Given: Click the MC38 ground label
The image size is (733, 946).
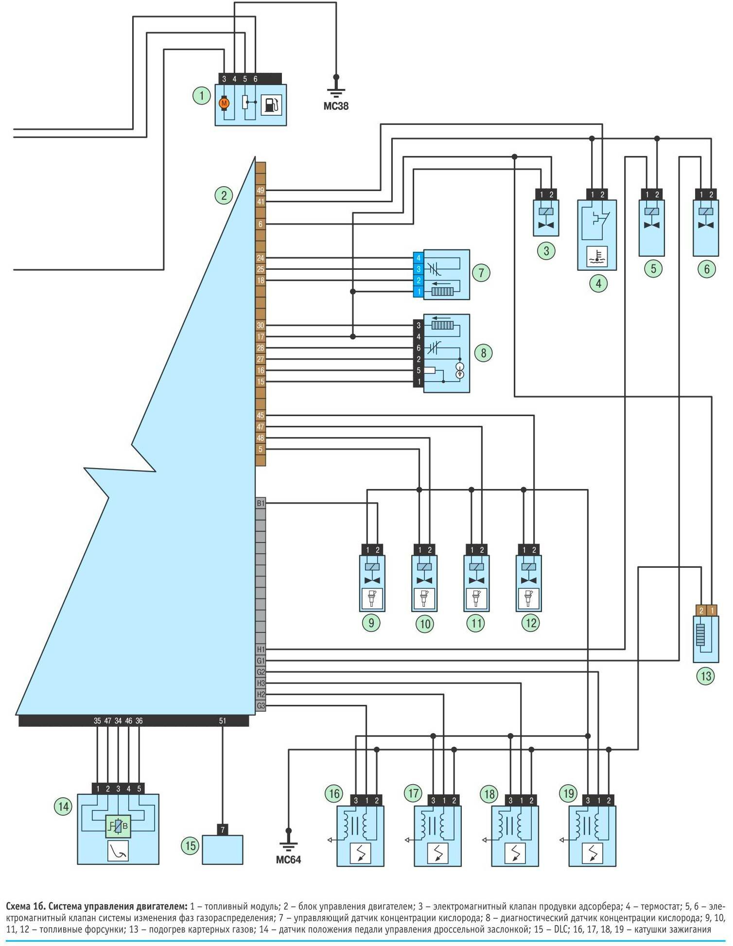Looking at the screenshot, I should [336, 106].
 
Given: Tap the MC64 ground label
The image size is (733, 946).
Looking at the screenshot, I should [288, 859].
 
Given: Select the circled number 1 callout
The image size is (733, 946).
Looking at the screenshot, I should [201, 95].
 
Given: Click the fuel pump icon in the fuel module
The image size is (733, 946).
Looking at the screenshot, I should [271, 105].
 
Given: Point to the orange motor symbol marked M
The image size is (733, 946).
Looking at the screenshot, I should [224, 104].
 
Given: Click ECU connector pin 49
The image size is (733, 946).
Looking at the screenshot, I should [261, 191].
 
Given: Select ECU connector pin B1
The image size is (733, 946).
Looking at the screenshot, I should [261, 503].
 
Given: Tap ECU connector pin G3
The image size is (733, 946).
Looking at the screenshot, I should [261, 706].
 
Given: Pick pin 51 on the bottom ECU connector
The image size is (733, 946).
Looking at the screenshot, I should [223, 721].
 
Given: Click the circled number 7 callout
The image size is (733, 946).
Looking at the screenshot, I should [481, 272].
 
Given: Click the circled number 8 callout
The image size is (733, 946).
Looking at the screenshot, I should [483, 352].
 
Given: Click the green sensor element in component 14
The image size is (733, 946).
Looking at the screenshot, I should [118, 826].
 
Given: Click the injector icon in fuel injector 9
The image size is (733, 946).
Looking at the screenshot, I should [372, 598].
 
